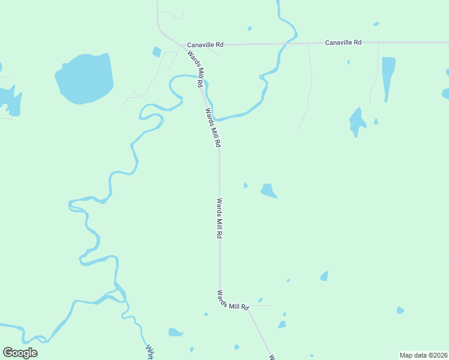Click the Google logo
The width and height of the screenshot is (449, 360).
[x=20, y=353]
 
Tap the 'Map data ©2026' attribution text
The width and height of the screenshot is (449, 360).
[x=423, y=355]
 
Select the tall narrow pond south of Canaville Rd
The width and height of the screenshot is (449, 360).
[x=388, y=77]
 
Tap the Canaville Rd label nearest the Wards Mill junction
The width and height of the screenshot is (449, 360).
[x=205, y=44]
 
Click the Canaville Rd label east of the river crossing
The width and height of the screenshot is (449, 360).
[x=343, y=43]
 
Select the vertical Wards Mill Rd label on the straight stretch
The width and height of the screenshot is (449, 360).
[x=220, y=219]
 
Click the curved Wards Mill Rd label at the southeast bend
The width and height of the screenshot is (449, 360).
[x=233, y=301]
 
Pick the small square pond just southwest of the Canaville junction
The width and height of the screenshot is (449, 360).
[x=157, y=52]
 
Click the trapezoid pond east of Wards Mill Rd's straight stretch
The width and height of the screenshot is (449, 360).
[x=268, y=190]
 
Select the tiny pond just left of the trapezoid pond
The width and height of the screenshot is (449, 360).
[x=246, y=185]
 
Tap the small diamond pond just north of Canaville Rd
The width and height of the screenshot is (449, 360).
[x=249, y=28]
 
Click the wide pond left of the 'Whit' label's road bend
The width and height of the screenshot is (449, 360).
[x=175, y=332]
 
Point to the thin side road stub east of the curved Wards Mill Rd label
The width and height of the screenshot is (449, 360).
[x=261, y=305]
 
